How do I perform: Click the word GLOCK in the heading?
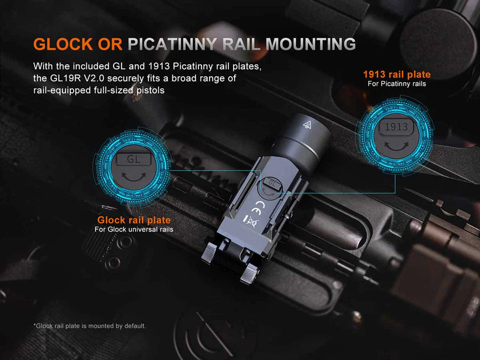click(x=63, y=44)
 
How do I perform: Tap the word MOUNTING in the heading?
click(x=311, y=44)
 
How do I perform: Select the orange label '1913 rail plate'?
click(x=397, y=74)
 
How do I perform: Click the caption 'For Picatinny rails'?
click(x=397, y=84)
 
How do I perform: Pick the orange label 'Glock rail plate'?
click(x=134, y=220)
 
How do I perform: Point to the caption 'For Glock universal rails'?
click(x=134, y=229)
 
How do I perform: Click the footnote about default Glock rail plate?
click(x=90, y=326)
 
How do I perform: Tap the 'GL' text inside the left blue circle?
click(x=133, y=159)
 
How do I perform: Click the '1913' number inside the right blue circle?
click(x=396, y=127)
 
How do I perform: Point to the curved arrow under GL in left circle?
click(x=134, y=177)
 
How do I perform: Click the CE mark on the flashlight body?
click(x=258, y=207)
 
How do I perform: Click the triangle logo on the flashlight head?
click(x=307, y=125)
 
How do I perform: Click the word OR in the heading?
click(x=110, y=44)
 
